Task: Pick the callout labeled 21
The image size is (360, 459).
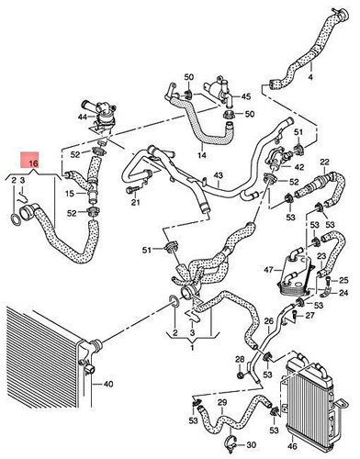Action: point(135,201)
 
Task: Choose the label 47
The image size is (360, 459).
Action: point(269,269)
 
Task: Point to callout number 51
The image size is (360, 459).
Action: point(145,250)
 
